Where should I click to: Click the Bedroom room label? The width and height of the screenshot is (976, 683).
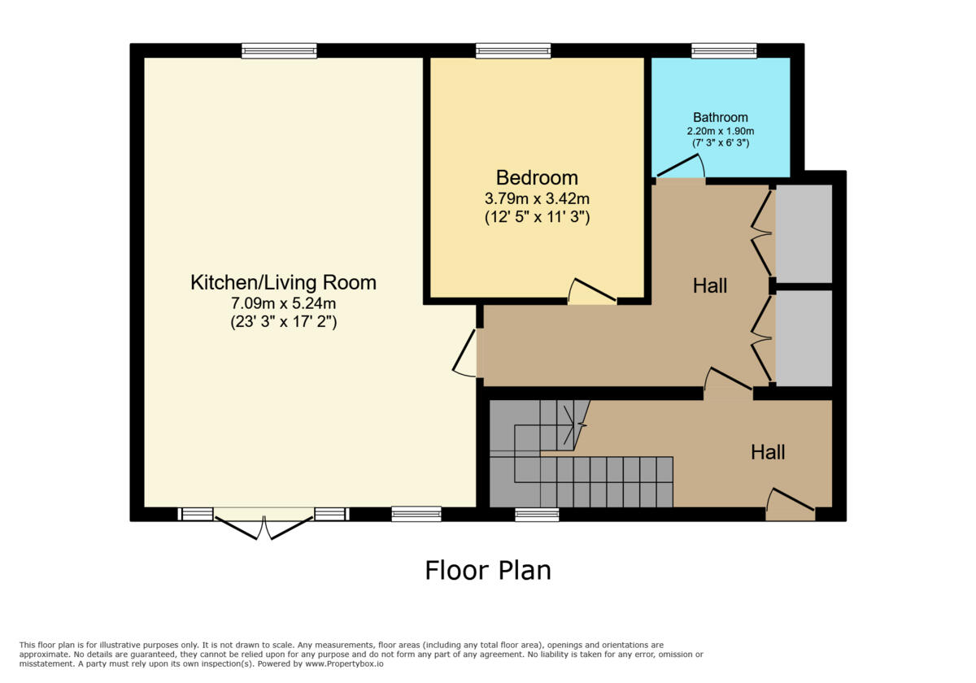pos(537,177)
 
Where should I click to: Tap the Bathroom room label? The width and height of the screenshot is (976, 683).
pos(720,117)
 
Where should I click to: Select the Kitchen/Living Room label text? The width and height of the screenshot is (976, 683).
pos(283,283)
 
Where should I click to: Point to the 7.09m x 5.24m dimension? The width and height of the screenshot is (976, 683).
pos(283,304)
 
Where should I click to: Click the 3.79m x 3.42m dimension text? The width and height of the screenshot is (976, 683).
pos(537,198)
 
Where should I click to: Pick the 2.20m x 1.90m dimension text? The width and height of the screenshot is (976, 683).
pos(720,131)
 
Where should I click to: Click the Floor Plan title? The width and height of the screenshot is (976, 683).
pos(488,570)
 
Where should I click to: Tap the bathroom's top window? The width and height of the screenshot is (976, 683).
pos(724,50)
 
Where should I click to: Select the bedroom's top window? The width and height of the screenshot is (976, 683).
pos(513,50)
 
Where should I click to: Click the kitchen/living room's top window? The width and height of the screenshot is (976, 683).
pos(279,50)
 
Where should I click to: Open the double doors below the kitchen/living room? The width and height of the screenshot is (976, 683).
pos(264,524)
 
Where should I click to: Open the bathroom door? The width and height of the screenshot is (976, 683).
pos(681,168)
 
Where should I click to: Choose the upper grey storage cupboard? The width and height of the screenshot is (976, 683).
pos(804,233)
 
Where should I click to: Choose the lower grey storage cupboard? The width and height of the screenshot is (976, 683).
pos(804,337)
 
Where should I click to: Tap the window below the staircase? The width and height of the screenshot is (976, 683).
pos(537,514)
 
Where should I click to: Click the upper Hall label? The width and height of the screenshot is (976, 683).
pos(709,285)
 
